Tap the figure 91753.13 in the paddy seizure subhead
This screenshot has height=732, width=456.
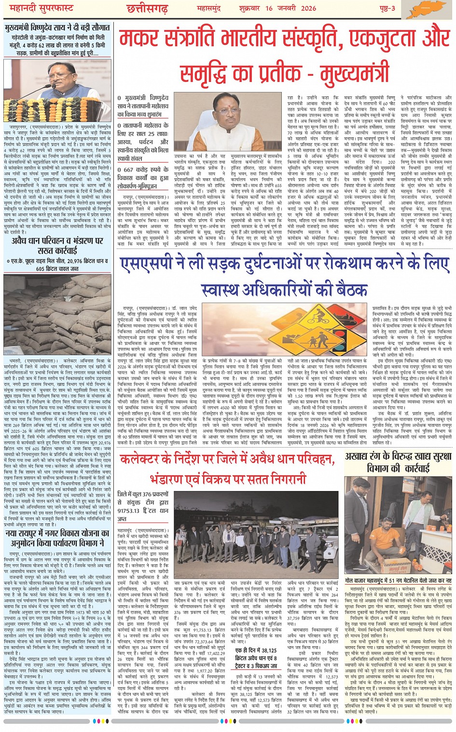(x=128, y=510)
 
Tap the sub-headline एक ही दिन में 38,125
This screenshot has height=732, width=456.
(x=256, y=651)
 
